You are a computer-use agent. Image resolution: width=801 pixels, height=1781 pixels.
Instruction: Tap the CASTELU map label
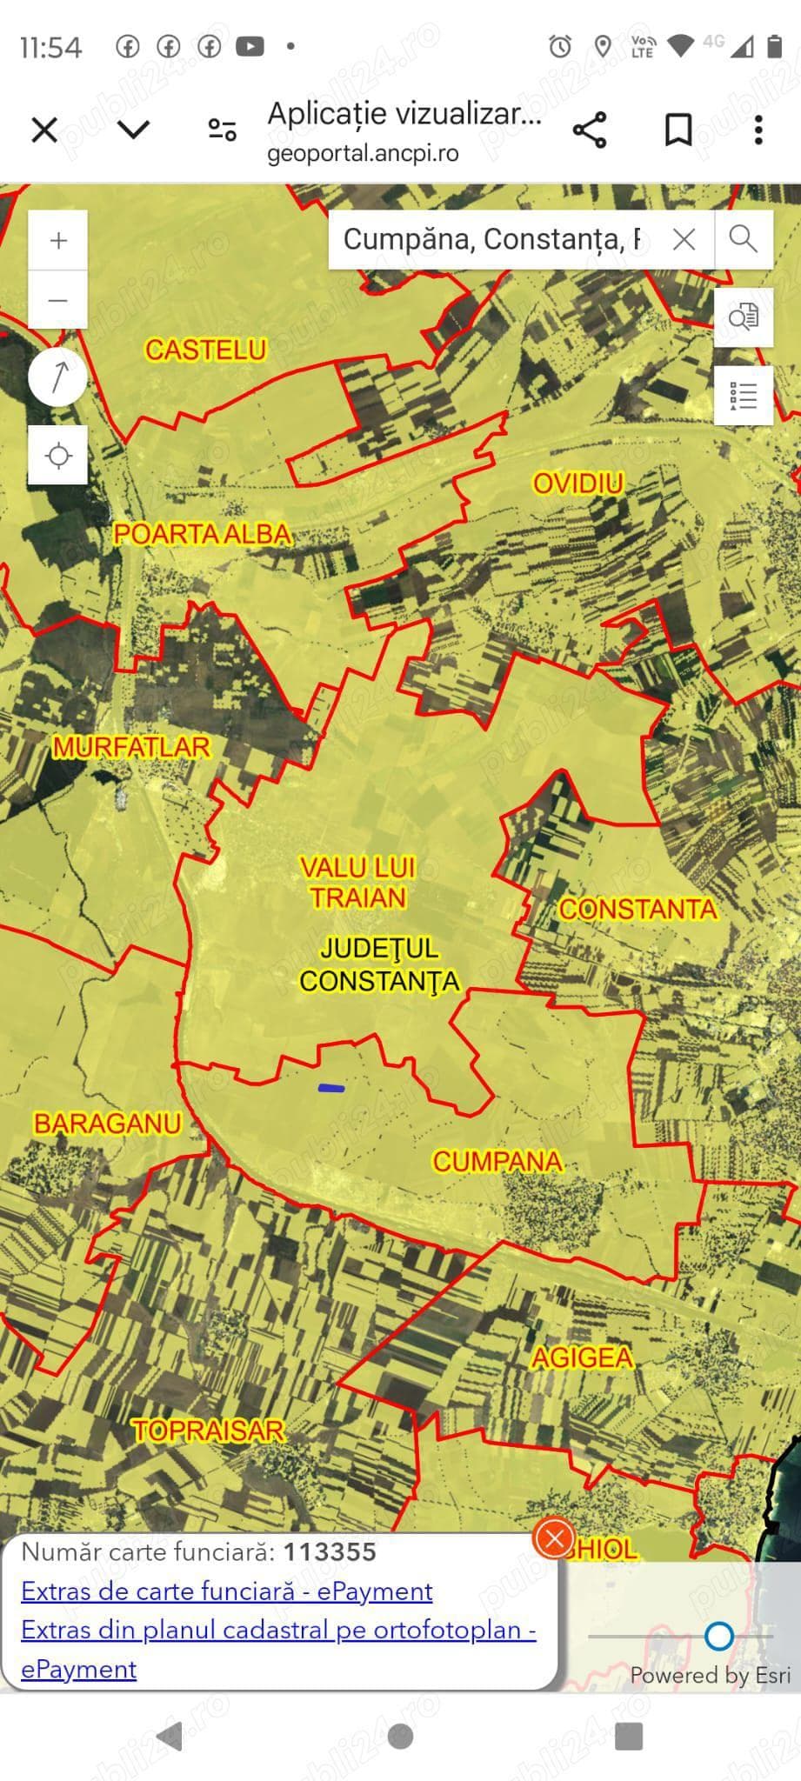205,350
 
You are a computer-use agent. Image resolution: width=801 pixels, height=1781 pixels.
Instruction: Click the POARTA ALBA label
202,534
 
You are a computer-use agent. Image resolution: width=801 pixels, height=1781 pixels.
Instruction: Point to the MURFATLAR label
131,747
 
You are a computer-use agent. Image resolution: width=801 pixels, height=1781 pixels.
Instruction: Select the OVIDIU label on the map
578,483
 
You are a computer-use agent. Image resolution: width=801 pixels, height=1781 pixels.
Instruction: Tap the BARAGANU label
107,1123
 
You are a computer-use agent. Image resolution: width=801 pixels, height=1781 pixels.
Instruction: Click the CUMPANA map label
497,1161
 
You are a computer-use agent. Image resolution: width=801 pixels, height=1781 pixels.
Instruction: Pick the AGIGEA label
582,1357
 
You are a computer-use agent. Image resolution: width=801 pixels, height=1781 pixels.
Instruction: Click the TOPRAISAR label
209,1431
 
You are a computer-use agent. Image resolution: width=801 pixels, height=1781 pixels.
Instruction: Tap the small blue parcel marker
331,1088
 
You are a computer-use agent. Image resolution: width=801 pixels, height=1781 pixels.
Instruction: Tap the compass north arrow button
58,377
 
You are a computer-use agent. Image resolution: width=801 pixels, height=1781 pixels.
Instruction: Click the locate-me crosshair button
58,455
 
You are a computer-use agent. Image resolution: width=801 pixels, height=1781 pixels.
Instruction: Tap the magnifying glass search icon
743,238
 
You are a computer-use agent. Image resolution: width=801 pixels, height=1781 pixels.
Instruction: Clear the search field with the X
684,239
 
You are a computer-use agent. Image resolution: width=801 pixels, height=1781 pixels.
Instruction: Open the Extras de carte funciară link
227,1591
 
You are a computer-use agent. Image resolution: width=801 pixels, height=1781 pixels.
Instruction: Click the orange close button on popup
554,1538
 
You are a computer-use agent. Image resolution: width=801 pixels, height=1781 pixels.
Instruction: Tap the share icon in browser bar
590,130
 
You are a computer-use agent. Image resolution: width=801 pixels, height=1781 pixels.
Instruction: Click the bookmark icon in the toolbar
678,130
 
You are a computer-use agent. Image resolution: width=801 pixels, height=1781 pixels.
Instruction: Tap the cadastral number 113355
330,1552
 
